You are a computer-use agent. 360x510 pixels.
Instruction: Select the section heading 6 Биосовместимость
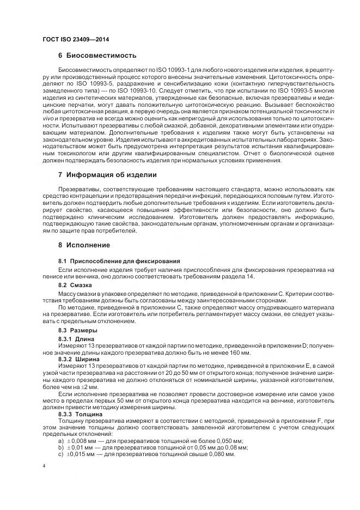coord(97,56)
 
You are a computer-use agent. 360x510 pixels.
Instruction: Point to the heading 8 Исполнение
coord(84,245)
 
